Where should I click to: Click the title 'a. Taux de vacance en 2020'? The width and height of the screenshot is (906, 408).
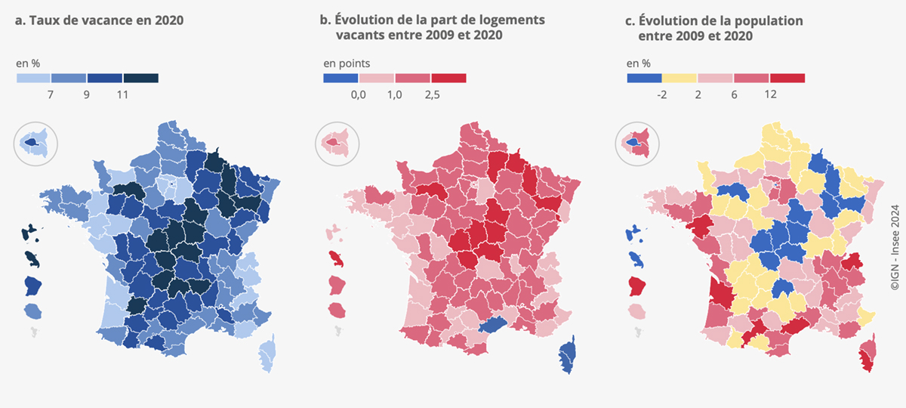99,20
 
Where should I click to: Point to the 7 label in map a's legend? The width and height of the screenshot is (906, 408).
50,94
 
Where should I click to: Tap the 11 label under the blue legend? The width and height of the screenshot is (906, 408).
122,94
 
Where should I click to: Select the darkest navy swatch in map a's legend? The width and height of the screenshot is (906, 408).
140,78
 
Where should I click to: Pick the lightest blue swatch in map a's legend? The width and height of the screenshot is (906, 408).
33,78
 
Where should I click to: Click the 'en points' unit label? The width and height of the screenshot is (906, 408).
347,63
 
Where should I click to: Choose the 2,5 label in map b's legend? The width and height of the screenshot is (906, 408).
432,94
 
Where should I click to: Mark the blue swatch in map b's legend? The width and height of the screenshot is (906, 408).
341,78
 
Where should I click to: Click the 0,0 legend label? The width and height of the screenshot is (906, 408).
359,94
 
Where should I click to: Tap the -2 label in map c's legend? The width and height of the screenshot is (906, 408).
661,94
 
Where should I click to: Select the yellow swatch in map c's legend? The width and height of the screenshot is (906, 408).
679,78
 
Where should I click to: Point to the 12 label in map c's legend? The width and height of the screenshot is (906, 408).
770,94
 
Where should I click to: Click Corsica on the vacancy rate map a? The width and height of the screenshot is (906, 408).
268,353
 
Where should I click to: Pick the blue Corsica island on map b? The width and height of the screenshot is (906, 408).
567,354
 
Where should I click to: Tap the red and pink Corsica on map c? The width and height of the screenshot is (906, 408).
868,353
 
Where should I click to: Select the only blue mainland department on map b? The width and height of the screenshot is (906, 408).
492,324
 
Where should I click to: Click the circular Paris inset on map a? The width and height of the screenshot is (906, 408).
35,144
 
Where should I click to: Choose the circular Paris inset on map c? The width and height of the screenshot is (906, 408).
637,144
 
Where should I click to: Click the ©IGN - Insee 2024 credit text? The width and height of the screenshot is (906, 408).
895,247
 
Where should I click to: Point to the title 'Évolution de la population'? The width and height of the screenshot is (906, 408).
721,20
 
